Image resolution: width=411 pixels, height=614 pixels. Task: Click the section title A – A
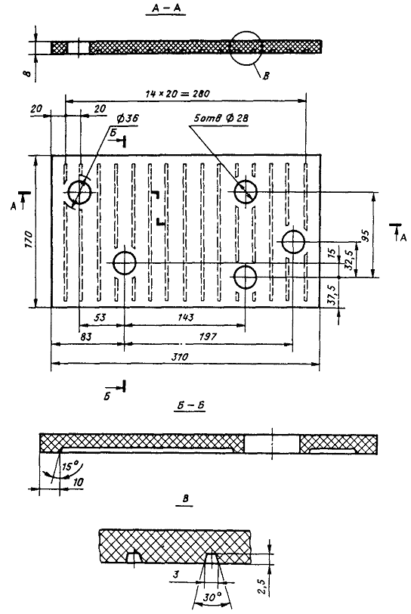[166, 9]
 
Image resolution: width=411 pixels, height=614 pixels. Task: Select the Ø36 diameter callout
[127, 118]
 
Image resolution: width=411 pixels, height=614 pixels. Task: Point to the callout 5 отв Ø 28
[221, 117]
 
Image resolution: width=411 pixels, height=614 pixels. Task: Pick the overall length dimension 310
[180, 357]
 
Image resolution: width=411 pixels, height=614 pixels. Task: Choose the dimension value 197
[208, 336]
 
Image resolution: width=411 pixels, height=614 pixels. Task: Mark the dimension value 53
[100, 317]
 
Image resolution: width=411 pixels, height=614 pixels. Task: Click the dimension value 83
[86, 336]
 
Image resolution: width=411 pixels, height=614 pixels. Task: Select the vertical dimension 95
[366, 235]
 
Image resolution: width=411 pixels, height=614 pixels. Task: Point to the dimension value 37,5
[332, 296]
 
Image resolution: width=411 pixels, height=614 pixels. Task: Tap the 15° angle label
[70, 467]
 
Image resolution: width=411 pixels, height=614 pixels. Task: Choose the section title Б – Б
[190, 405]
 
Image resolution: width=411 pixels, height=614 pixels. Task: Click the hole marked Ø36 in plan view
[79, 192]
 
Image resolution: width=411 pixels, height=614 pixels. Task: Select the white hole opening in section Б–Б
[272, 444]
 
